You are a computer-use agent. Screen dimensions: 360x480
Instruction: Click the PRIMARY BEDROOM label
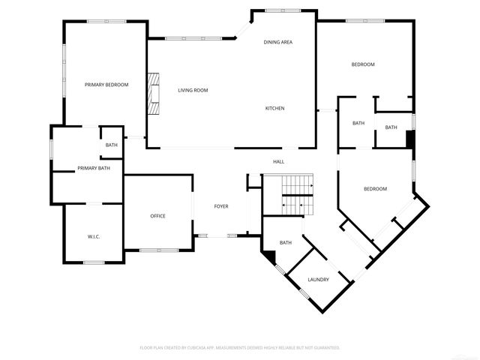tap(106, 85)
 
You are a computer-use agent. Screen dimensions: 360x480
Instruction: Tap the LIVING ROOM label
tap(193, 91)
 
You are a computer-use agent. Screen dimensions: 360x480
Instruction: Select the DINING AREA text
tap(277, 42)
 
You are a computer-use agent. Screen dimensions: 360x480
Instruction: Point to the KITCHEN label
tap(274, 108)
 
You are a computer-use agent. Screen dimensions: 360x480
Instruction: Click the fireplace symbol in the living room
tap(154, 94)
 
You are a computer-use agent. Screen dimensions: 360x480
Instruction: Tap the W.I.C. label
tap(94, 237)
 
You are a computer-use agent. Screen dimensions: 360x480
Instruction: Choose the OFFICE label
tap(157, 216)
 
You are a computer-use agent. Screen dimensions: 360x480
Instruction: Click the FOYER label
tap(221, 206)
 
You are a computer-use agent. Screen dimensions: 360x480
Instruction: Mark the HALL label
tap(278, 161)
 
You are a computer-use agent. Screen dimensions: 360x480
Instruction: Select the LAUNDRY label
tap(318, 280)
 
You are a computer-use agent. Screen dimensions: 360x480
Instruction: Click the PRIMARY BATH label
tap(94, 168)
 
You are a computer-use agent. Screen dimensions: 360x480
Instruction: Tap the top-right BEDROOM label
tap(363, 64)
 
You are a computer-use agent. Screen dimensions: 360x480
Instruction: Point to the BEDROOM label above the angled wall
tap(375, 189)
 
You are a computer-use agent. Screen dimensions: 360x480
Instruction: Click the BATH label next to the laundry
tap(286, 242)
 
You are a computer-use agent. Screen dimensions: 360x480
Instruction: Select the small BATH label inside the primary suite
tap(111, 145)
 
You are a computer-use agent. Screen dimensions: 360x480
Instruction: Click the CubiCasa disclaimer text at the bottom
tap(240, 348)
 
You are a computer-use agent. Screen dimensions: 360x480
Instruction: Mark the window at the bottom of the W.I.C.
tap(94, 262)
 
